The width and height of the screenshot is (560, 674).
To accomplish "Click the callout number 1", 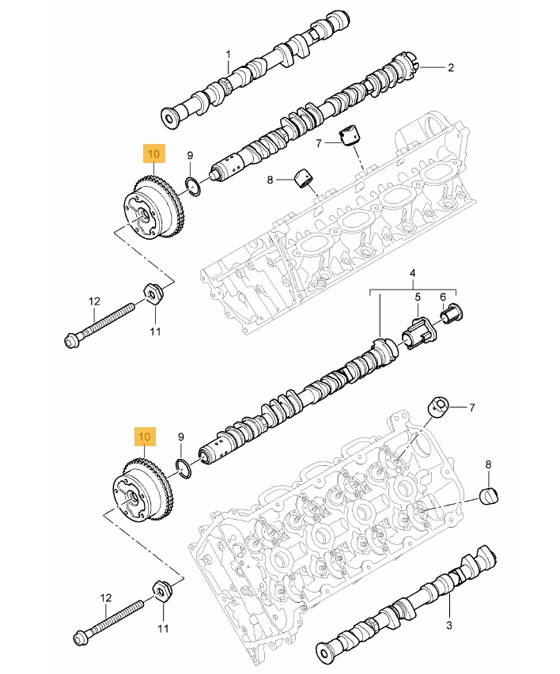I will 228,55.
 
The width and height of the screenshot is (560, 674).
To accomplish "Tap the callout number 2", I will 451,68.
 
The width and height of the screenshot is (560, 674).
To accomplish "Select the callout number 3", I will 449,626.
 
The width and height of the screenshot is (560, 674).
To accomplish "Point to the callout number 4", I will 412,275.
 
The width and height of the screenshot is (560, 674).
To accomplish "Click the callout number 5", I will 419,297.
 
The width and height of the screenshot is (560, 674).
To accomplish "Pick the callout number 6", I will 443,297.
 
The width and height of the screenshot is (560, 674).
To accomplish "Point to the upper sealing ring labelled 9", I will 191,187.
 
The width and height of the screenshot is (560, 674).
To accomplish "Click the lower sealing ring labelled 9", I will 183,468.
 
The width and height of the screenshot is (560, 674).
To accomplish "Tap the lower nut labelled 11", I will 161,590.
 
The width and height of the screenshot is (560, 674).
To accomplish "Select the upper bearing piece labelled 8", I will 304,178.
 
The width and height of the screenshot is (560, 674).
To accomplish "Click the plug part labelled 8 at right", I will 491,496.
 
